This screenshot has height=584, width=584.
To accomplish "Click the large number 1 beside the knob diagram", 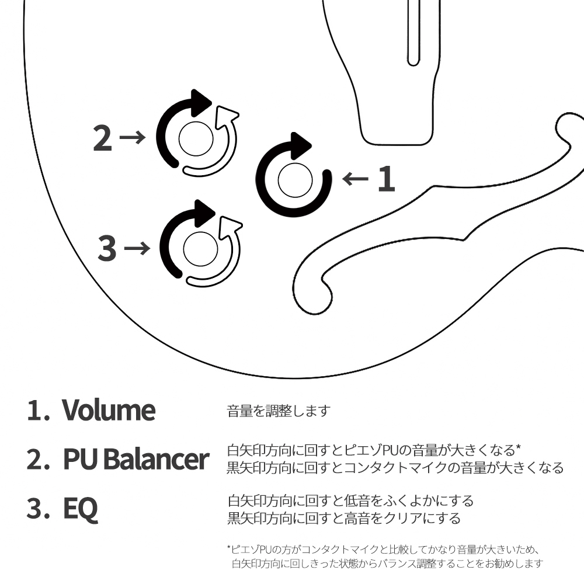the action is point(386,179).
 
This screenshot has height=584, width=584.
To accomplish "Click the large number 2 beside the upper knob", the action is point(102,138).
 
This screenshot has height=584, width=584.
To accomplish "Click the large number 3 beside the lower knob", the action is point(107,248).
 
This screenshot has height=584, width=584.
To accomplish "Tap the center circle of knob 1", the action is point(295,180).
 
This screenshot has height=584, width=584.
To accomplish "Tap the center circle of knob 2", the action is point(196,138).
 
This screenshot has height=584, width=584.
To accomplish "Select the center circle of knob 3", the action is point(200,249).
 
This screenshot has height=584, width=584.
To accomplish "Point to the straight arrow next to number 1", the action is point(355,179).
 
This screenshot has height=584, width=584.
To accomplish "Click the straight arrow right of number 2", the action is point(133,137).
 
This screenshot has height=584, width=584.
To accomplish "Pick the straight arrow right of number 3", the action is point(137,248).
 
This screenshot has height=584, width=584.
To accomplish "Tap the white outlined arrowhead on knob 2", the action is point(225,116).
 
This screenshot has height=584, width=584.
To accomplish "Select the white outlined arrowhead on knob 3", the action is point(230,226).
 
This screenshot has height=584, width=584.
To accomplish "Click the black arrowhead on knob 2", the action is point(200,103).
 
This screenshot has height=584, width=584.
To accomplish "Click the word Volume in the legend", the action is point(109,410).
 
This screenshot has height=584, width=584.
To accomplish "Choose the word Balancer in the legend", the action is point(156,458).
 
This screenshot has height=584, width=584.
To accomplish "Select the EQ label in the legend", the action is point(81,509).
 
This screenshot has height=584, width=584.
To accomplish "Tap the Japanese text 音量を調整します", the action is point(279,411).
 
